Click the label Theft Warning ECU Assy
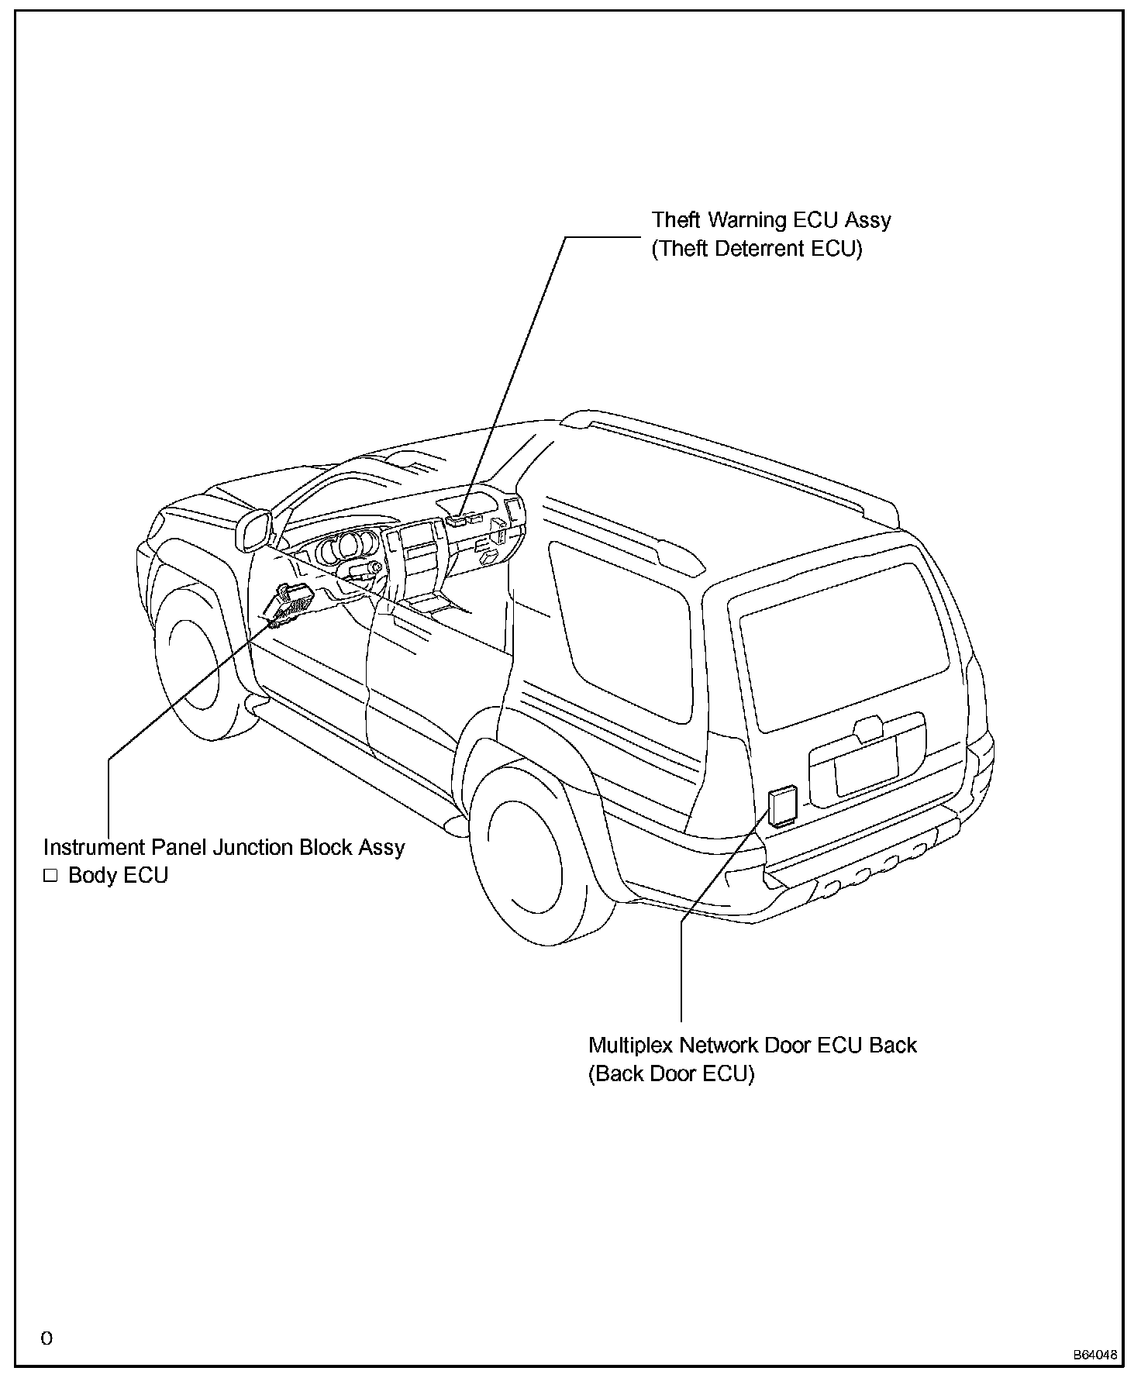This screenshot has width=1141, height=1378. click(770, 220)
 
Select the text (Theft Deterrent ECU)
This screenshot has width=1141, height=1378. click(756, 249)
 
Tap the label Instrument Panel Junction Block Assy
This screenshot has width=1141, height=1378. click(224, 847)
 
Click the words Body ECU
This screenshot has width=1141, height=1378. click(118, 876)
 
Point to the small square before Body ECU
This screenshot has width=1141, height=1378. click(51, 877)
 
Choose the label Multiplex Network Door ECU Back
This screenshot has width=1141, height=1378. click(752, 1045)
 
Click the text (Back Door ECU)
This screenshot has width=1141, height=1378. click(670, 1074)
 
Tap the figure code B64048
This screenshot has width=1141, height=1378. click(1094, 1356)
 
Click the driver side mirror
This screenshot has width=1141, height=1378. click(252, 530)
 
